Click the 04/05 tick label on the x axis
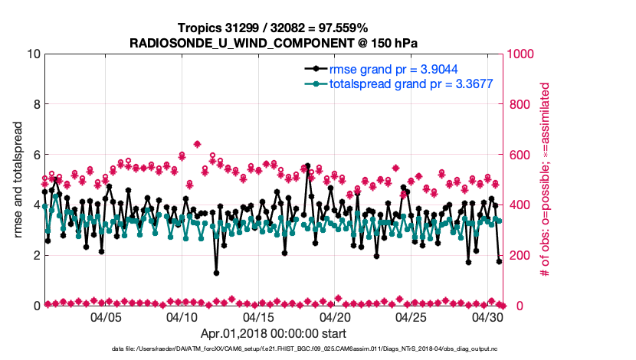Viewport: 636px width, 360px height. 107,316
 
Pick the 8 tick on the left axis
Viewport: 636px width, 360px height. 35,104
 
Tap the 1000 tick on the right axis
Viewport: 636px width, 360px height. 521,54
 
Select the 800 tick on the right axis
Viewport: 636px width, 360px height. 518,104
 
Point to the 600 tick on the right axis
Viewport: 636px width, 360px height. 518,155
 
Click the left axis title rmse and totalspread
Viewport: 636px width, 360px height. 17,179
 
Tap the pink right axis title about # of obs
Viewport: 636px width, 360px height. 546,179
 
